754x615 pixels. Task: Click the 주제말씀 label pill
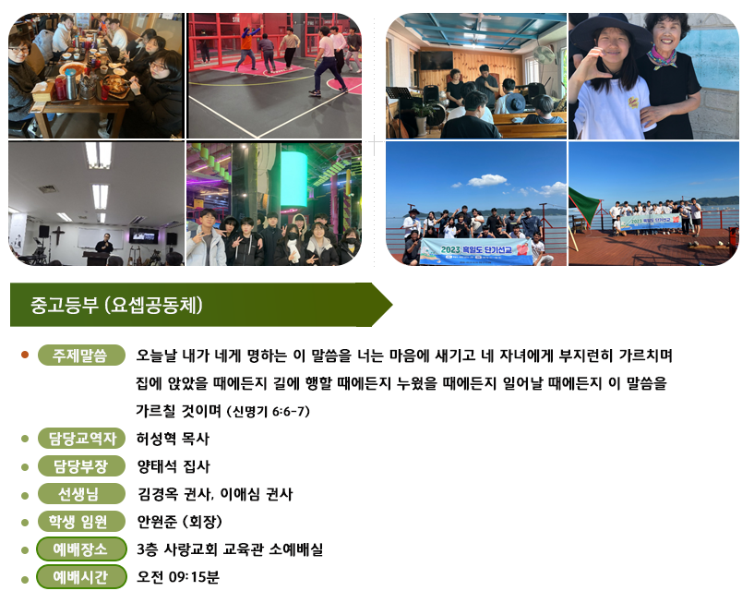(81, 356)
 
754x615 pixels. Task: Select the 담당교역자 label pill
(81, 439)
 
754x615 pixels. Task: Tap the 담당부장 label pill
(81, 466)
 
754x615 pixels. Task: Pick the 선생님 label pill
(81, 494)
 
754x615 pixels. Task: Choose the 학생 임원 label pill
(81, 522)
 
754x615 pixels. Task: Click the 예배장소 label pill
(81, 549)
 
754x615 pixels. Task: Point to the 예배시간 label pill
(81, 577)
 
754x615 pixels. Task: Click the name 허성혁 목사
(173, 439)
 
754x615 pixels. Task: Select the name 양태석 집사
(174, 466)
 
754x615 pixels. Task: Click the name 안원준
(155, 522)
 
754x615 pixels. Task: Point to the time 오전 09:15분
(178, 577)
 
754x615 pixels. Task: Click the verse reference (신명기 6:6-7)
(269, 412)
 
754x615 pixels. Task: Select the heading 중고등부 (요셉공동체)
(116, 305)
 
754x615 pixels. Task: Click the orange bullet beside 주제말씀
(25, 356)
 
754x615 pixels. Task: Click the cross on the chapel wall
(58, 235)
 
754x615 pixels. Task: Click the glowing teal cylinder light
(293, 179)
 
